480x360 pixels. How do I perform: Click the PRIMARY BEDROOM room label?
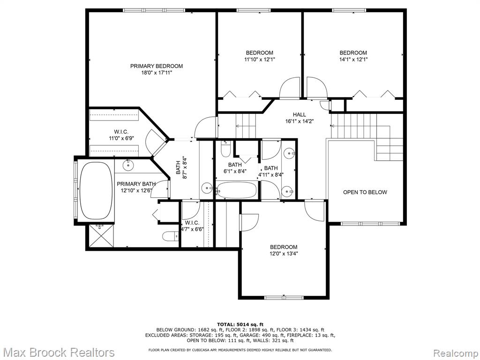(157, 66)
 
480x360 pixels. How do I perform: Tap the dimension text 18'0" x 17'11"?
(157, 73)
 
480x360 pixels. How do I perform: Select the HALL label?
(299, 114)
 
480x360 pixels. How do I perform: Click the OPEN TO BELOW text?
(365, 192)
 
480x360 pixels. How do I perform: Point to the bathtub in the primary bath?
(96, 191)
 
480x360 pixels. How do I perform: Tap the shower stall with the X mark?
(101, 235)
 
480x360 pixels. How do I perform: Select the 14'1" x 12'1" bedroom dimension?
(353, 60)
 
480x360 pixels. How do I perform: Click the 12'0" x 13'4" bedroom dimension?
(284, 254)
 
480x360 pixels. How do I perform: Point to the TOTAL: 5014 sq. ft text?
(240, 324)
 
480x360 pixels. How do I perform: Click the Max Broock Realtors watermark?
(58, 352)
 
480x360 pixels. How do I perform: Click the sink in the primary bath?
(128, 165)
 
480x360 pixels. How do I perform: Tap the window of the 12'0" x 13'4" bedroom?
(284, 297)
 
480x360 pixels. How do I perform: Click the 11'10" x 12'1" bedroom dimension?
(260, 60)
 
